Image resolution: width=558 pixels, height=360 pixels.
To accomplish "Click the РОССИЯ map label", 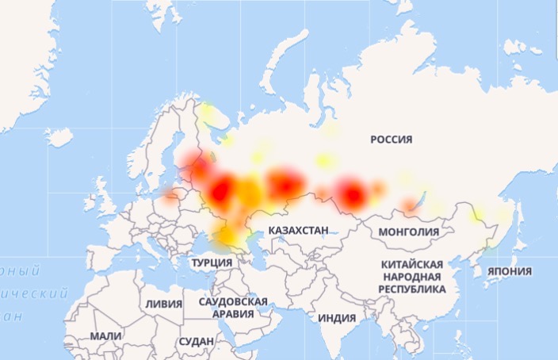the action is click(x=392, y=140).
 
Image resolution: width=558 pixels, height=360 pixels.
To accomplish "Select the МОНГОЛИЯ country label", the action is click(x=409, y=232).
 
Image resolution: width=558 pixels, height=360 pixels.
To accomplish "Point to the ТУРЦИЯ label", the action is click(x=212, y=262).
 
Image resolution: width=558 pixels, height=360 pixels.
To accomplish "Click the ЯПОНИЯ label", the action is click(x=510, y=270).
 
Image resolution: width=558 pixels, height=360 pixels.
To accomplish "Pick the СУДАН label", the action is click(x=197, y=341).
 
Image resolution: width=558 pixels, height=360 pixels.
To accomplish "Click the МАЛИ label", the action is click(x=105, y=336).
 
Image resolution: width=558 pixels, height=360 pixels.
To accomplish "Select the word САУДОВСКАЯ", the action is click(x=233, y=301).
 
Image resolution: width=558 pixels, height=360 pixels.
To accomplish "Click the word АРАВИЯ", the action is click(x=233, y=314).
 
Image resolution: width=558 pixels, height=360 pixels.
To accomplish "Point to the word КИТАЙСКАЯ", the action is click(x=411, y=263).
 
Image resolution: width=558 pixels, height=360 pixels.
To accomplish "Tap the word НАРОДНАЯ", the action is click(x=411, y=277).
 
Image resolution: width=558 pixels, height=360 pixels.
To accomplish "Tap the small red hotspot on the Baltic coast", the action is click(x=170, y=194).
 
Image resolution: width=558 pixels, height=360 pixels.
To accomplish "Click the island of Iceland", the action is click(x=59, y=137).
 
